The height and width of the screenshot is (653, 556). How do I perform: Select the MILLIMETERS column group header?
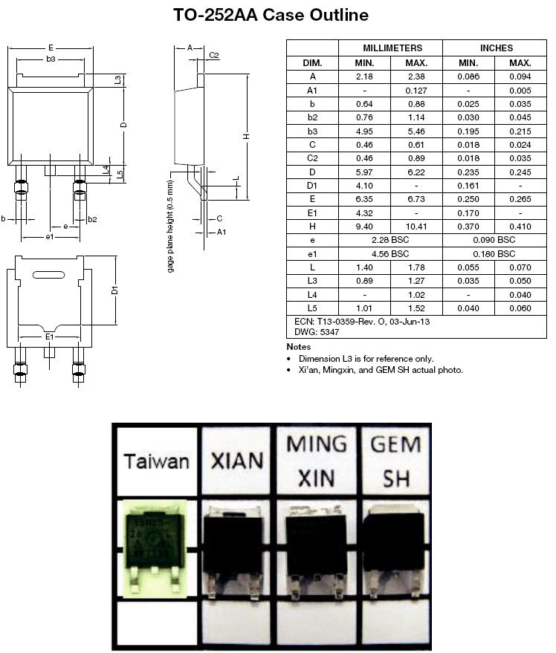coord(391,48)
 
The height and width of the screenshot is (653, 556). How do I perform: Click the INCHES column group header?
coord(496,48)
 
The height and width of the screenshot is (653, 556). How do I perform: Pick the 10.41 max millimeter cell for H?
coord(416,227)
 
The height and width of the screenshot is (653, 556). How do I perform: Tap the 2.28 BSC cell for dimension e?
coord(391,240)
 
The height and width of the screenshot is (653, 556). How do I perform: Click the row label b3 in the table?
coord(312,130)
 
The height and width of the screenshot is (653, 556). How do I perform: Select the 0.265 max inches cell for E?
coord(521,199)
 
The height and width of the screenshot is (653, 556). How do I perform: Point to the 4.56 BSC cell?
coord(391,253)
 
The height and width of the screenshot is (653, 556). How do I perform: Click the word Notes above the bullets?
coord(299,347)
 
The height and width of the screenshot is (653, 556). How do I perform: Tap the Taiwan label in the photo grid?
coord(156,461)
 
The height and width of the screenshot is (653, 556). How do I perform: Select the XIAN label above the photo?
coord(238,461)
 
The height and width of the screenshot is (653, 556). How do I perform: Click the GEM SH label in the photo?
coord(395,461)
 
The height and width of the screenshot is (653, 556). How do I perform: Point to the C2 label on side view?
coord(214,56)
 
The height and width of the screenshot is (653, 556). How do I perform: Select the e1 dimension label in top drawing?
coord(49,236)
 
